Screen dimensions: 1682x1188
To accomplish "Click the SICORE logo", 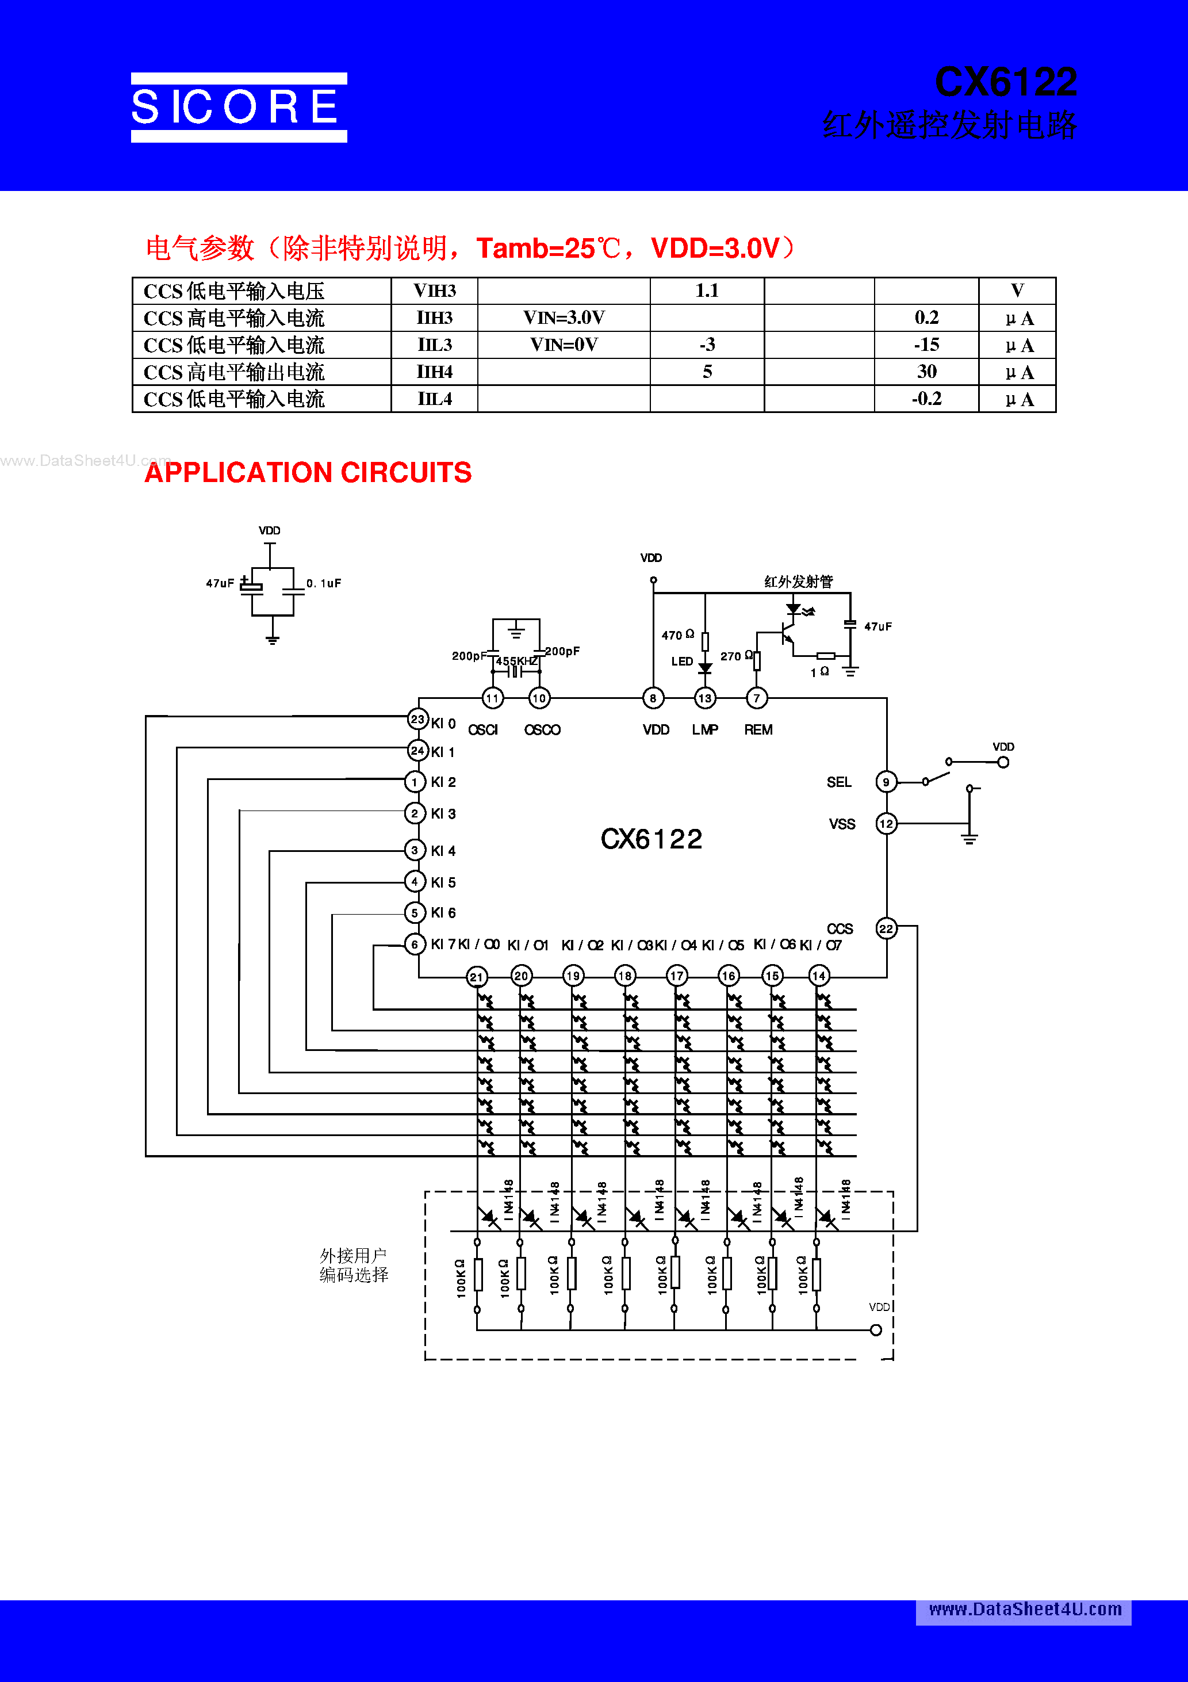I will (239, 107).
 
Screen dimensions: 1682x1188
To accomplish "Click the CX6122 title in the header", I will (1005, 82).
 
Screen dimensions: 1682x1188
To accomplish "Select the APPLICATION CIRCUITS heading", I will (308, 472).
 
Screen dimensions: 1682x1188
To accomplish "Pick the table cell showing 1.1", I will (707, 291).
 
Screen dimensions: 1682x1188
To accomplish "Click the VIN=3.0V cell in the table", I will (564, 318).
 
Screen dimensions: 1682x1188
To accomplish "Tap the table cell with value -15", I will (926, 345).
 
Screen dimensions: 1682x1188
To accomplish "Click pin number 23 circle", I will (417, 720).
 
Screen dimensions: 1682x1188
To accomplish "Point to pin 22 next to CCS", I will (886, 929).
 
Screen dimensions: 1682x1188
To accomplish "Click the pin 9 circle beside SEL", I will (886, 782).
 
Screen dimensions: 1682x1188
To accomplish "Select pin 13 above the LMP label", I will (704, 698).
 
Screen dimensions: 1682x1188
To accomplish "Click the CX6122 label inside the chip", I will (651, 839).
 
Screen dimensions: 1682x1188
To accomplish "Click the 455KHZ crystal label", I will (516, 662).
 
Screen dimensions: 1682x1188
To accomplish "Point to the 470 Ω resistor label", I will (677, 635).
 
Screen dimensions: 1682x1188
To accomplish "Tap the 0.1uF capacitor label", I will (324, 584).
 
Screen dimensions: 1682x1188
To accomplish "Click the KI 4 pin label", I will (443, 851).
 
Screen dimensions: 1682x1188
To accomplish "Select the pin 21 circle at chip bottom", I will (477, 977).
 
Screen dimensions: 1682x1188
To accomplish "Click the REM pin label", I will (758, 729).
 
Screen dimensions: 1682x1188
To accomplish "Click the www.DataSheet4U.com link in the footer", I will (1025, 1610).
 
